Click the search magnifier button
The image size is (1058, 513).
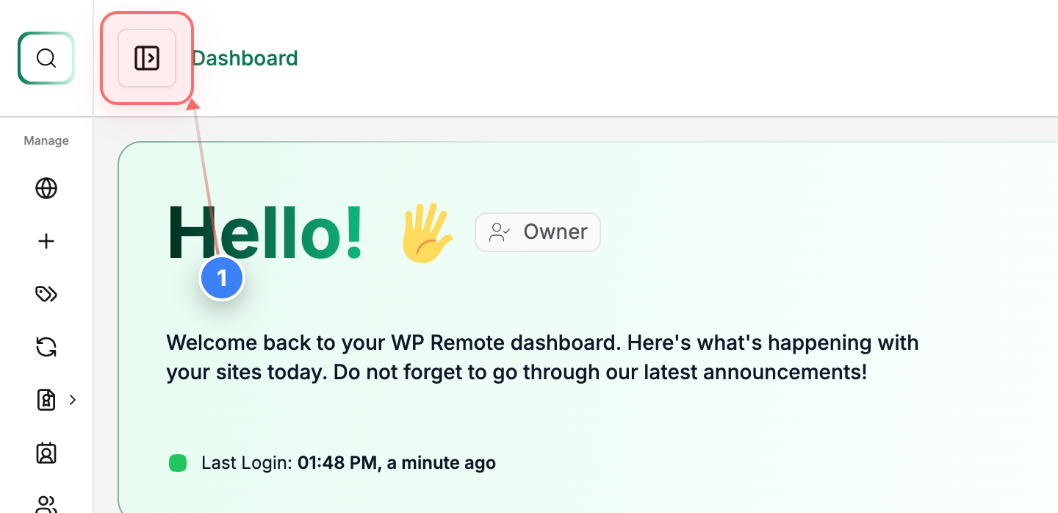(x=46, y=58)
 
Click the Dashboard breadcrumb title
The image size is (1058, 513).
(x=245, y=58)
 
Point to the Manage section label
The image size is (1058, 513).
(x=46, y=140)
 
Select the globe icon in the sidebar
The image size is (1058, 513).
(x=46, y=189)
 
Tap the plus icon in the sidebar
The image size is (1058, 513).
(x=46, y=241)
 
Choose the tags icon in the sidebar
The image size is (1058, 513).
(x=46, y=294)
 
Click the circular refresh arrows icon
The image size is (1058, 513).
(x=46, y=347)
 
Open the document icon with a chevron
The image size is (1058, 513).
(x=46, y=400)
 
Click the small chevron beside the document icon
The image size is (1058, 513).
(x=73, y=400)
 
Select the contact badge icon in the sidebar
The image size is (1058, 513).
(x=46, y=453)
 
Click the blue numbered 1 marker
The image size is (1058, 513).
(x=222, y=279)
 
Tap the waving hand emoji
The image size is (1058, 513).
(x=425, y=233)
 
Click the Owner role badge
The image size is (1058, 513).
(x=538, y=232)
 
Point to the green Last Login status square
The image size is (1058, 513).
(x=178, y=463)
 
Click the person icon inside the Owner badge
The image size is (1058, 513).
(x=500, y=232)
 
